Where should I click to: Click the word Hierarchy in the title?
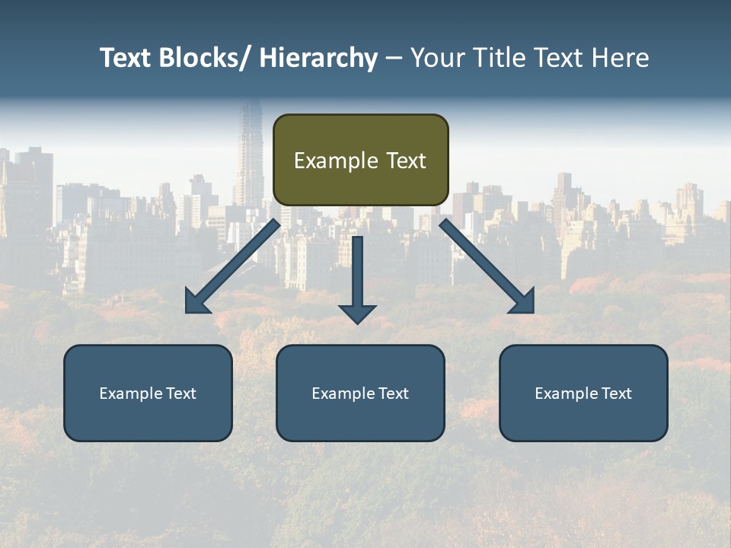point(318,58)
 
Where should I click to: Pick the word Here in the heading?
point(621,58)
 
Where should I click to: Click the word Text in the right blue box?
point(615,393)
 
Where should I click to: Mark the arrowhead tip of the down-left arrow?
point(187,311)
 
